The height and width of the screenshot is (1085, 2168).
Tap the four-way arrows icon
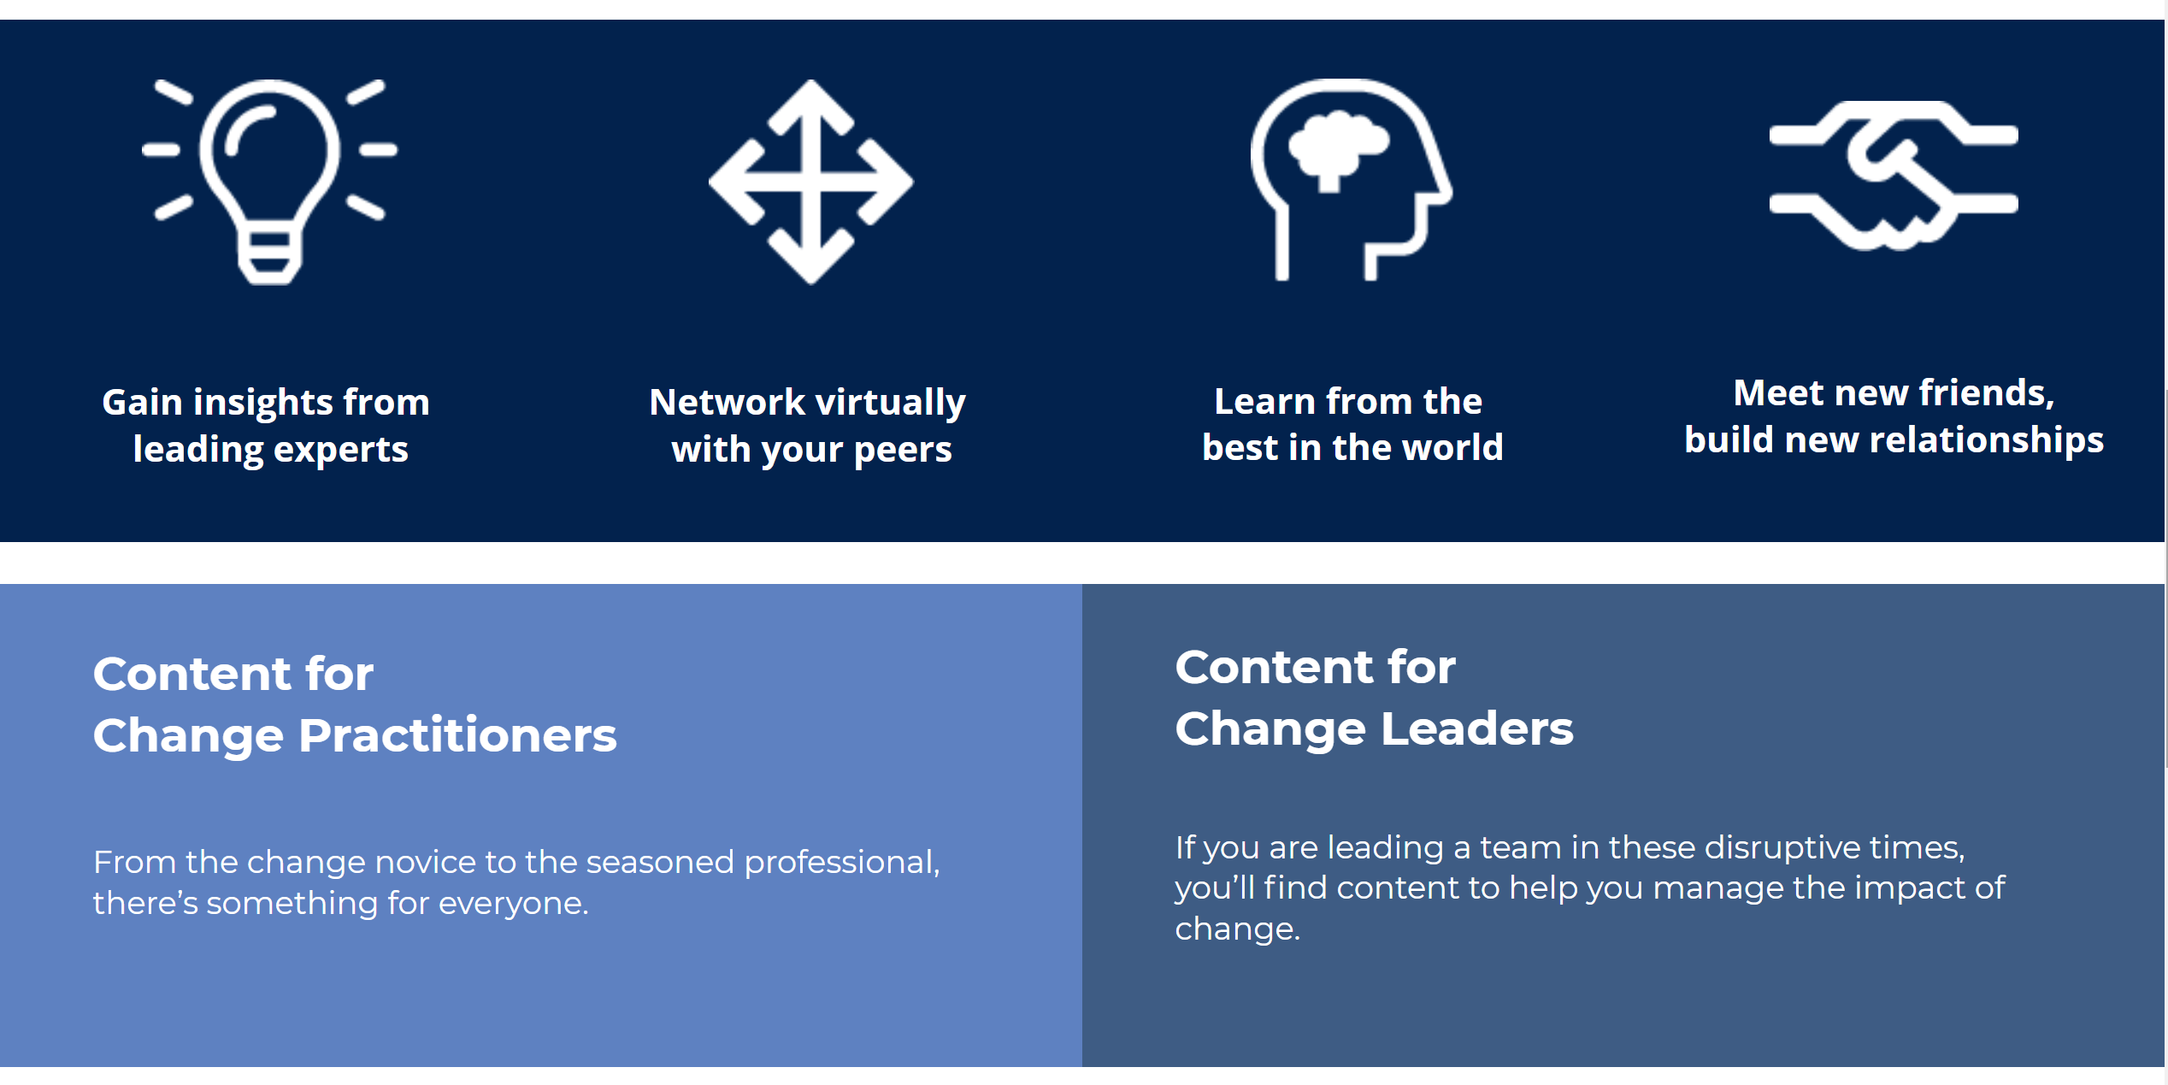point(811,181)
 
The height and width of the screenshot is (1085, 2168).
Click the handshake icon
point(1893,176)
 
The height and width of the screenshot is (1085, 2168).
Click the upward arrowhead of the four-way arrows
point(811,107)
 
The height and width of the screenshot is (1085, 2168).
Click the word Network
point(728,402)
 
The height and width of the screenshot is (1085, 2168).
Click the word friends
point(1986,393)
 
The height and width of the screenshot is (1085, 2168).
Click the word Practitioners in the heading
point(457,735)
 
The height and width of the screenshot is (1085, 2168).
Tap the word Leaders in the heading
point(1477,728)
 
